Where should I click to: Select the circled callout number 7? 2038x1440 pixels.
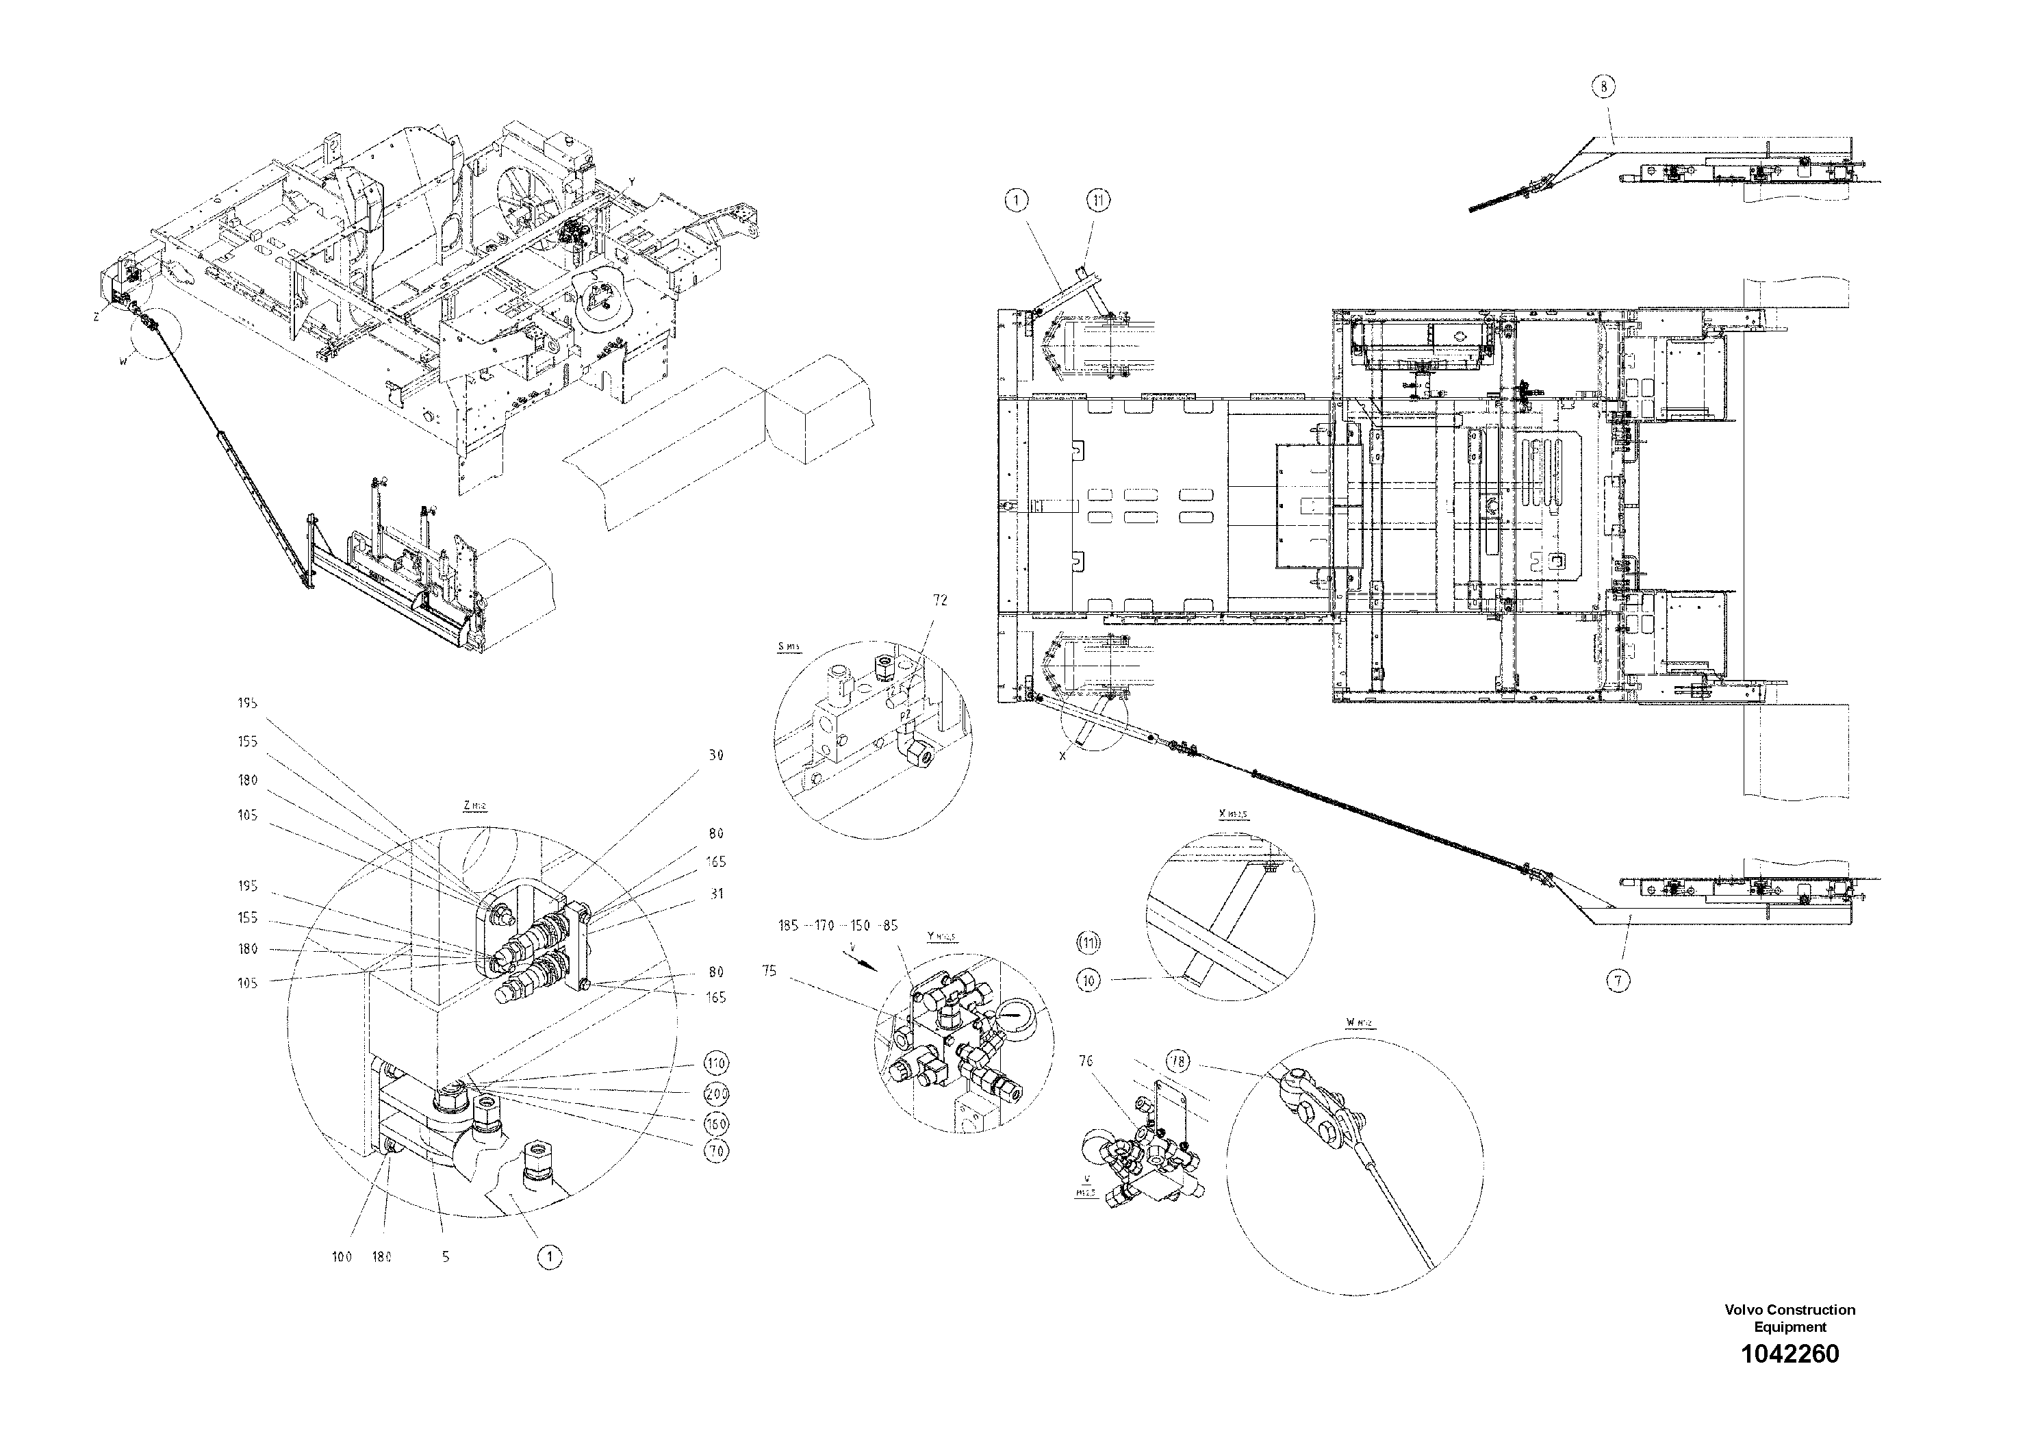(x=1618, y=981)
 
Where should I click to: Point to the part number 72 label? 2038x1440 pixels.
(x=940, y=600)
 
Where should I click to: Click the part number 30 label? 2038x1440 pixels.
(x=715, y=755)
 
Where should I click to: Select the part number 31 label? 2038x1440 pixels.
(x=715, y=894)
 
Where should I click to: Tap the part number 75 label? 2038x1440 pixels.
(x=769, y=971)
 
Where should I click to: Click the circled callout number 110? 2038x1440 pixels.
(x=715, y=1063)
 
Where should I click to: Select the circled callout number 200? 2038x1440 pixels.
(x=715, y=1094)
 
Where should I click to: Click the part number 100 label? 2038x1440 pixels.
(x=342, y=1256)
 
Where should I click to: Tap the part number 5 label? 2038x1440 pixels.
(x=446, y=1256)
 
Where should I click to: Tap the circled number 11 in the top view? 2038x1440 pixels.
(x=1099, y=201)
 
